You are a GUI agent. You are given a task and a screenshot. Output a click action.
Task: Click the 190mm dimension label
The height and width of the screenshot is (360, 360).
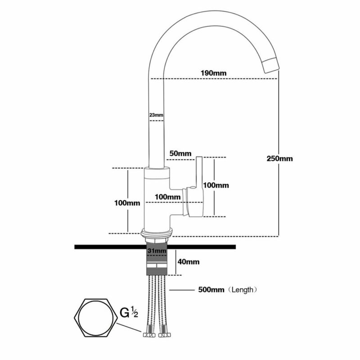click(214, 73)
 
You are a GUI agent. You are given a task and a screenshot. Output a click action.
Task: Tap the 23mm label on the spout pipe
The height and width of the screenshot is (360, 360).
click(156, 115)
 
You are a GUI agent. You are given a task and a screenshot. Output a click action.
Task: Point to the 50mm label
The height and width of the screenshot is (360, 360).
click(180, 153)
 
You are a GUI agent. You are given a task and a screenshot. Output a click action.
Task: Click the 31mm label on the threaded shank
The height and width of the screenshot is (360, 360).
click(157, 251)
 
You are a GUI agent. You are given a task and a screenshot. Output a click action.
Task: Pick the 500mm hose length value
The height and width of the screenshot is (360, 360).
click(211, 289)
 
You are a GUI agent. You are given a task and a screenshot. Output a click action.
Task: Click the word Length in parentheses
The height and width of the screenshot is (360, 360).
click(243, 289)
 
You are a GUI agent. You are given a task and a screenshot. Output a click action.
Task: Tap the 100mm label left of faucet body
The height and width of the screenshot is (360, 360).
click(127, 203)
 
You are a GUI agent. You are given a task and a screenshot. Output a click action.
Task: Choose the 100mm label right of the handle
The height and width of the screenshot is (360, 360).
click(216, 185)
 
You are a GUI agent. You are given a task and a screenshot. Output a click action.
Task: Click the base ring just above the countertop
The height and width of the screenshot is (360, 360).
click(157, 234)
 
